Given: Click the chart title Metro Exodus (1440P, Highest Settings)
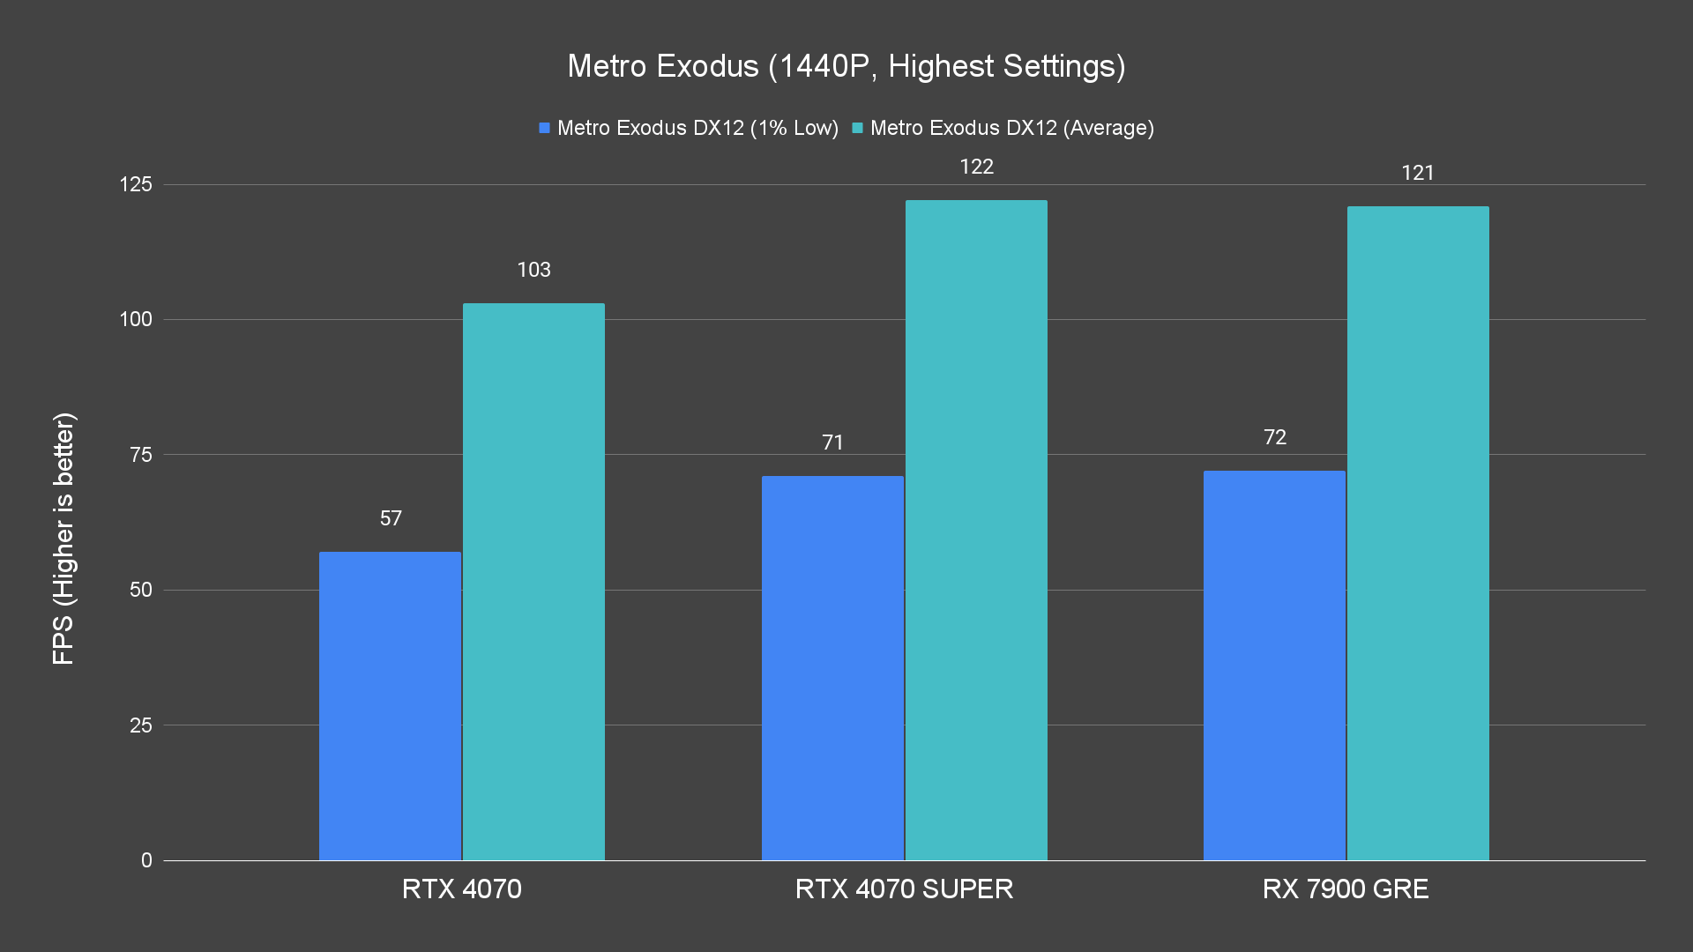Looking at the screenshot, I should click(x=846, y=66).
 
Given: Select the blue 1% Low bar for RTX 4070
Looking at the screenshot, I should click(x=390, y=705).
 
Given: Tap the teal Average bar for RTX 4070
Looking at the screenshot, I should click(x=533, y=582).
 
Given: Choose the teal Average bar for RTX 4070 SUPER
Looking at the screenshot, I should click(x=976, y=530).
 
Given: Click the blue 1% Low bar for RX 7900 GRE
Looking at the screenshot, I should click(x=1274, y=665).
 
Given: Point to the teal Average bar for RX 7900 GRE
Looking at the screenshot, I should click(x=1418, y=532).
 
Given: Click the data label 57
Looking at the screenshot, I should click(x=391, y=518).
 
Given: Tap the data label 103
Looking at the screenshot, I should click(x=533, y=270).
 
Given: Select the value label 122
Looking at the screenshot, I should click(x=976, y=167).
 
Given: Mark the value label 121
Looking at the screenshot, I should click(x=1418, y=173).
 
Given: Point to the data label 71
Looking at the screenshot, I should click(x=832, y=443).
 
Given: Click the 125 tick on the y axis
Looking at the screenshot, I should click(x=136, y=184).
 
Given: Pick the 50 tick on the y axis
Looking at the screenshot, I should click(x=141, y=590).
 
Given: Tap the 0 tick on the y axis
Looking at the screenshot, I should click(x=146, y=860).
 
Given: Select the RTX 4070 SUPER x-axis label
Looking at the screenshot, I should click(x=904, y=889).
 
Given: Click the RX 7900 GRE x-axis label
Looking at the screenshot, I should click(x=1346, y=889).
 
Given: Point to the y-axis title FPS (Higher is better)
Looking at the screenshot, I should click(x=63, y=538).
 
